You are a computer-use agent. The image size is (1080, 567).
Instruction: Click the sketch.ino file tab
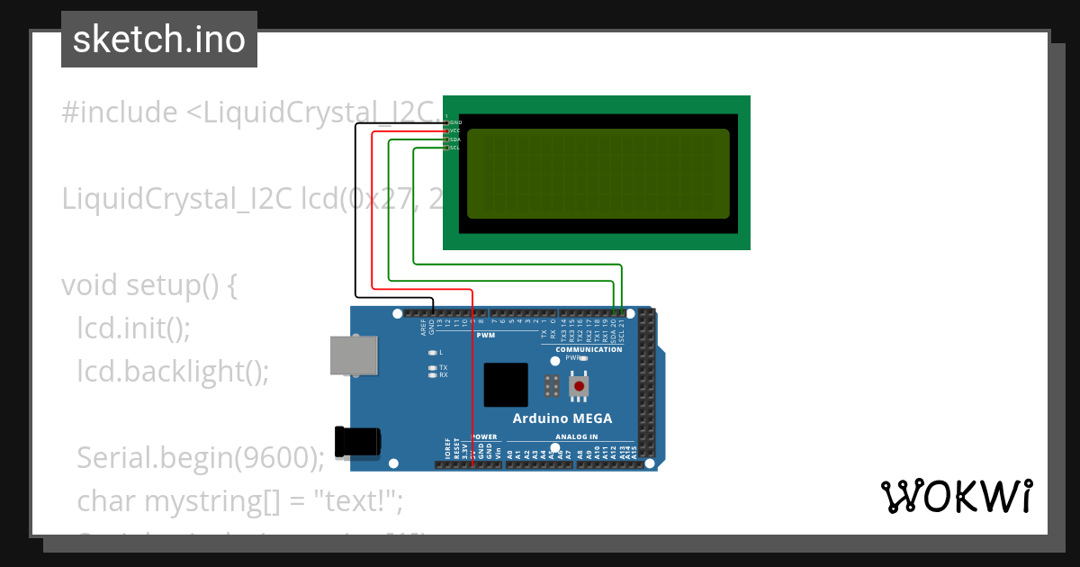159,40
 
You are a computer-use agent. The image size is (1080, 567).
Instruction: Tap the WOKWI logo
956,496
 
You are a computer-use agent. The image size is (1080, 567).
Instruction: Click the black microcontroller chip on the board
505,385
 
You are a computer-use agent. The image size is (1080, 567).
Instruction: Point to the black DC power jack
356,441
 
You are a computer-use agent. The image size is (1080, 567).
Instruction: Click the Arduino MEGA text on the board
562,418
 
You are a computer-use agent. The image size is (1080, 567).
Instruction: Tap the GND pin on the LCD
446,122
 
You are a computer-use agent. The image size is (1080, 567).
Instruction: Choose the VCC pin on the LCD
446,131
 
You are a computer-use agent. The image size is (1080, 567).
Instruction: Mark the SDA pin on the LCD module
446,139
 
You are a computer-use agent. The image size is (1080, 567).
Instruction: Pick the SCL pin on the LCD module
446,148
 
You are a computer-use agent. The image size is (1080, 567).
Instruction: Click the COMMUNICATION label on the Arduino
589,349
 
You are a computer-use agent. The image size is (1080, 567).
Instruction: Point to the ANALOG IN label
576,436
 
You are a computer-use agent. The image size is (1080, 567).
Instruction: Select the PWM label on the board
486,335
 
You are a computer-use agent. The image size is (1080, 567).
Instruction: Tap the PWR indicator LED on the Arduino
584,358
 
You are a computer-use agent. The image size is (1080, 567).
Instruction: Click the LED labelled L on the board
433,353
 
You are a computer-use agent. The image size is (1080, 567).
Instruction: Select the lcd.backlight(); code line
173,372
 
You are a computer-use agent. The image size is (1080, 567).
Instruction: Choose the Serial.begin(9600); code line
200,458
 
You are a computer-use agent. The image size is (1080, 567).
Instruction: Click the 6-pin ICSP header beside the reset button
552,386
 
